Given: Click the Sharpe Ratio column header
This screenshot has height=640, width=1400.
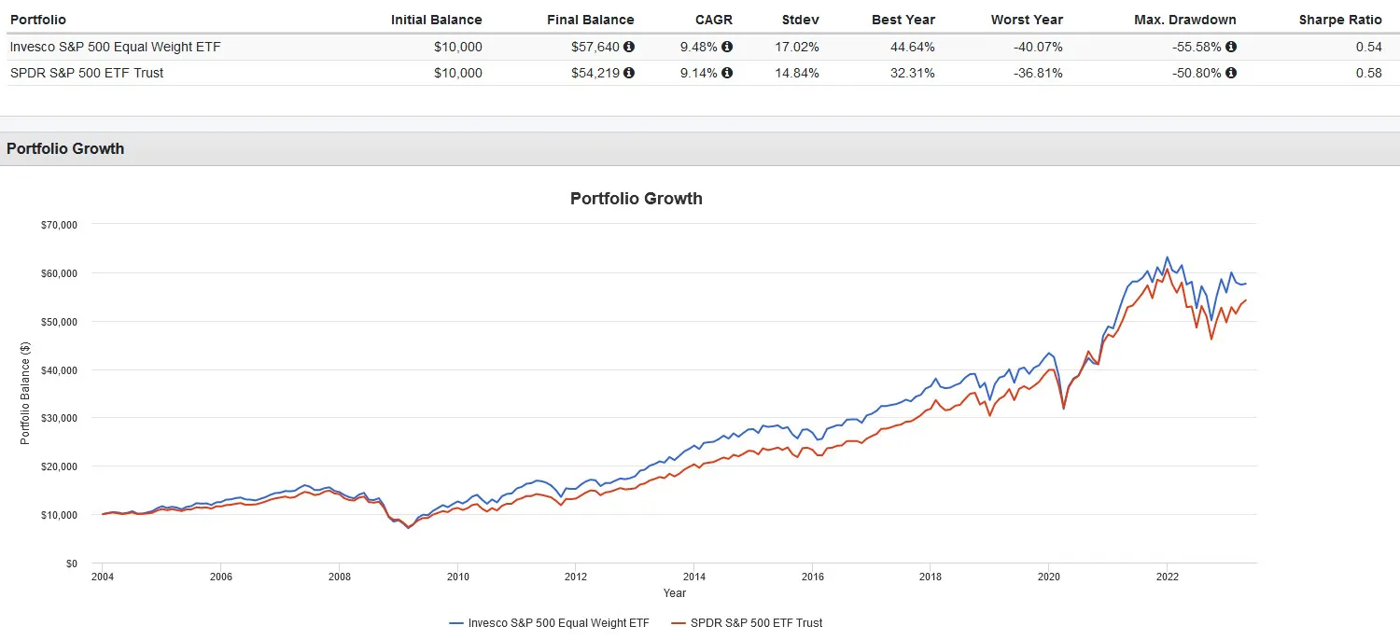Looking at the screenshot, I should (1340, 20).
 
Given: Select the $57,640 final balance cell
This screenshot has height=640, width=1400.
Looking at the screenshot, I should (595, 47).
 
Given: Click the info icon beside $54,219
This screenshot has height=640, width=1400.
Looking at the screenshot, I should (629, 73).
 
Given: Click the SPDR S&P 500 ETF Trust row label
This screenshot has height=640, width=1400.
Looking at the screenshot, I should (87, 73).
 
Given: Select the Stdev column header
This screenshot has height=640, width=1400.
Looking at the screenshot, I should (800, 20).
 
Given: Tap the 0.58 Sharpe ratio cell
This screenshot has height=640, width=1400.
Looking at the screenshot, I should (1370, 73).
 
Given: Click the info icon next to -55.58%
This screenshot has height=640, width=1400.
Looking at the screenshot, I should (1231, 47).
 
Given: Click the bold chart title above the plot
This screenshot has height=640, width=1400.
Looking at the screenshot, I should (636, 199).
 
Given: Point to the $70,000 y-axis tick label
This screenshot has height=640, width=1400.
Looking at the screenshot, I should (57, 225).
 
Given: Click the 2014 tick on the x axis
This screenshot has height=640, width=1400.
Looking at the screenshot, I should (693, 577).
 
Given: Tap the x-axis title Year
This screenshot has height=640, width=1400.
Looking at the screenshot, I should (674, 593).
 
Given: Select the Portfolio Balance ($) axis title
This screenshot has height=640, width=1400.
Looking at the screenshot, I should (25, 393).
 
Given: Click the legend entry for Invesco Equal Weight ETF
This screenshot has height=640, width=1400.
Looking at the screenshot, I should (548, 622).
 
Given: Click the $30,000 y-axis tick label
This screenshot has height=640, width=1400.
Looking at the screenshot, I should (57, 418).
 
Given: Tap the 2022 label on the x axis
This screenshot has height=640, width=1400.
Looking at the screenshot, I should (1167, 577).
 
